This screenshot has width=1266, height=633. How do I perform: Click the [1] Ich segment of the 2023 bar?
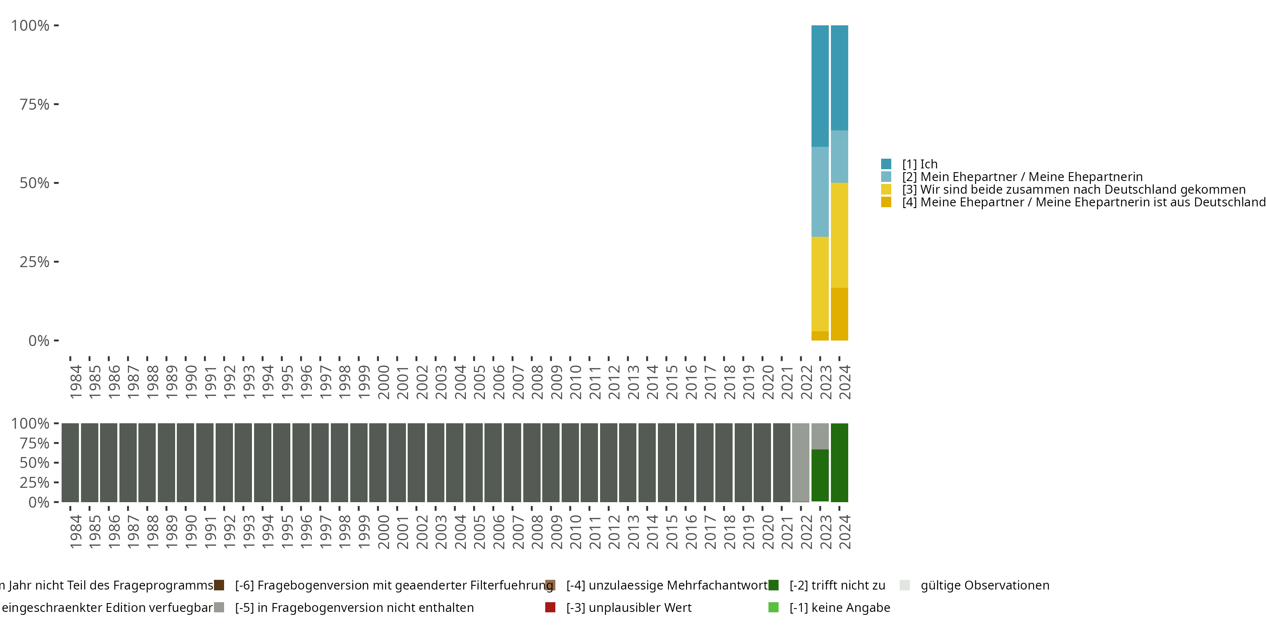(820, 86)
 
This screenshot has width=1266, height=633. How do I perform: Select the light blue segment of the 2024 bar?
(839, 156)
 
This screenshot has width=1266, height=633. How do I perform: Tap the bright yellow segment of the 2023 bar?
(820, 284)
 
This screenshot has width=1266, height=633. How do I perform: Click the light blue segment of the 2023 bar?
(820, 192)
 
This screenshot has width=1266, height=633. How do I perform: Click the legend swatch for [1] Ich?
(886, 164)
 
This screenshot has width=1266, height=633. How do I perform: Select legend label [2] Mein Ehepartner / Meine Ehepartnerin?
(1022, 177)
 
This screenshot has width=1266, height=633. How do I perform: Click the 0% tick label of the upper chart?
(39, 341)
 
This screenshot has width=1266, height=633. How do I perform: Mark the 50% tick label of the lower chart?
(35, 463)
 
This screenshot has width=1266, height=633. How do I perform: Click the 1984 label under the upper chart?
(76, 381)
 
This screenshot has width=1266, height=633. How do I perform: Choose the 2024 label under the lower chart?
(844, 532)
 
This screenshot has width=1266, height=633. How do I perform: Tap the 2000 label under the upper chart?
(383, 381)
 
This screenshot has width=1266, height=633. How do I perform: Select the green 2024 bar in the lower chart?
(839, 463)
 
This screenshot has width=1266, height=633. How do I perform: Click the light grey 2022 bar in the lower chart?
(801, 463)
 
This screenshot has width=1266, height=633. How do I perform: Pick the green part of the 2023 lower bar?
(820, 475)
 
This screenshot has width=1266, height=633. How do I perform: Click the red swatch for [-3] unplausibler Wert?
(550, 607)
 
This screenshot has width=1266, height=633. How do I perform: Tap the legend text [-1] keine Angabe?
(840, 607)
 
